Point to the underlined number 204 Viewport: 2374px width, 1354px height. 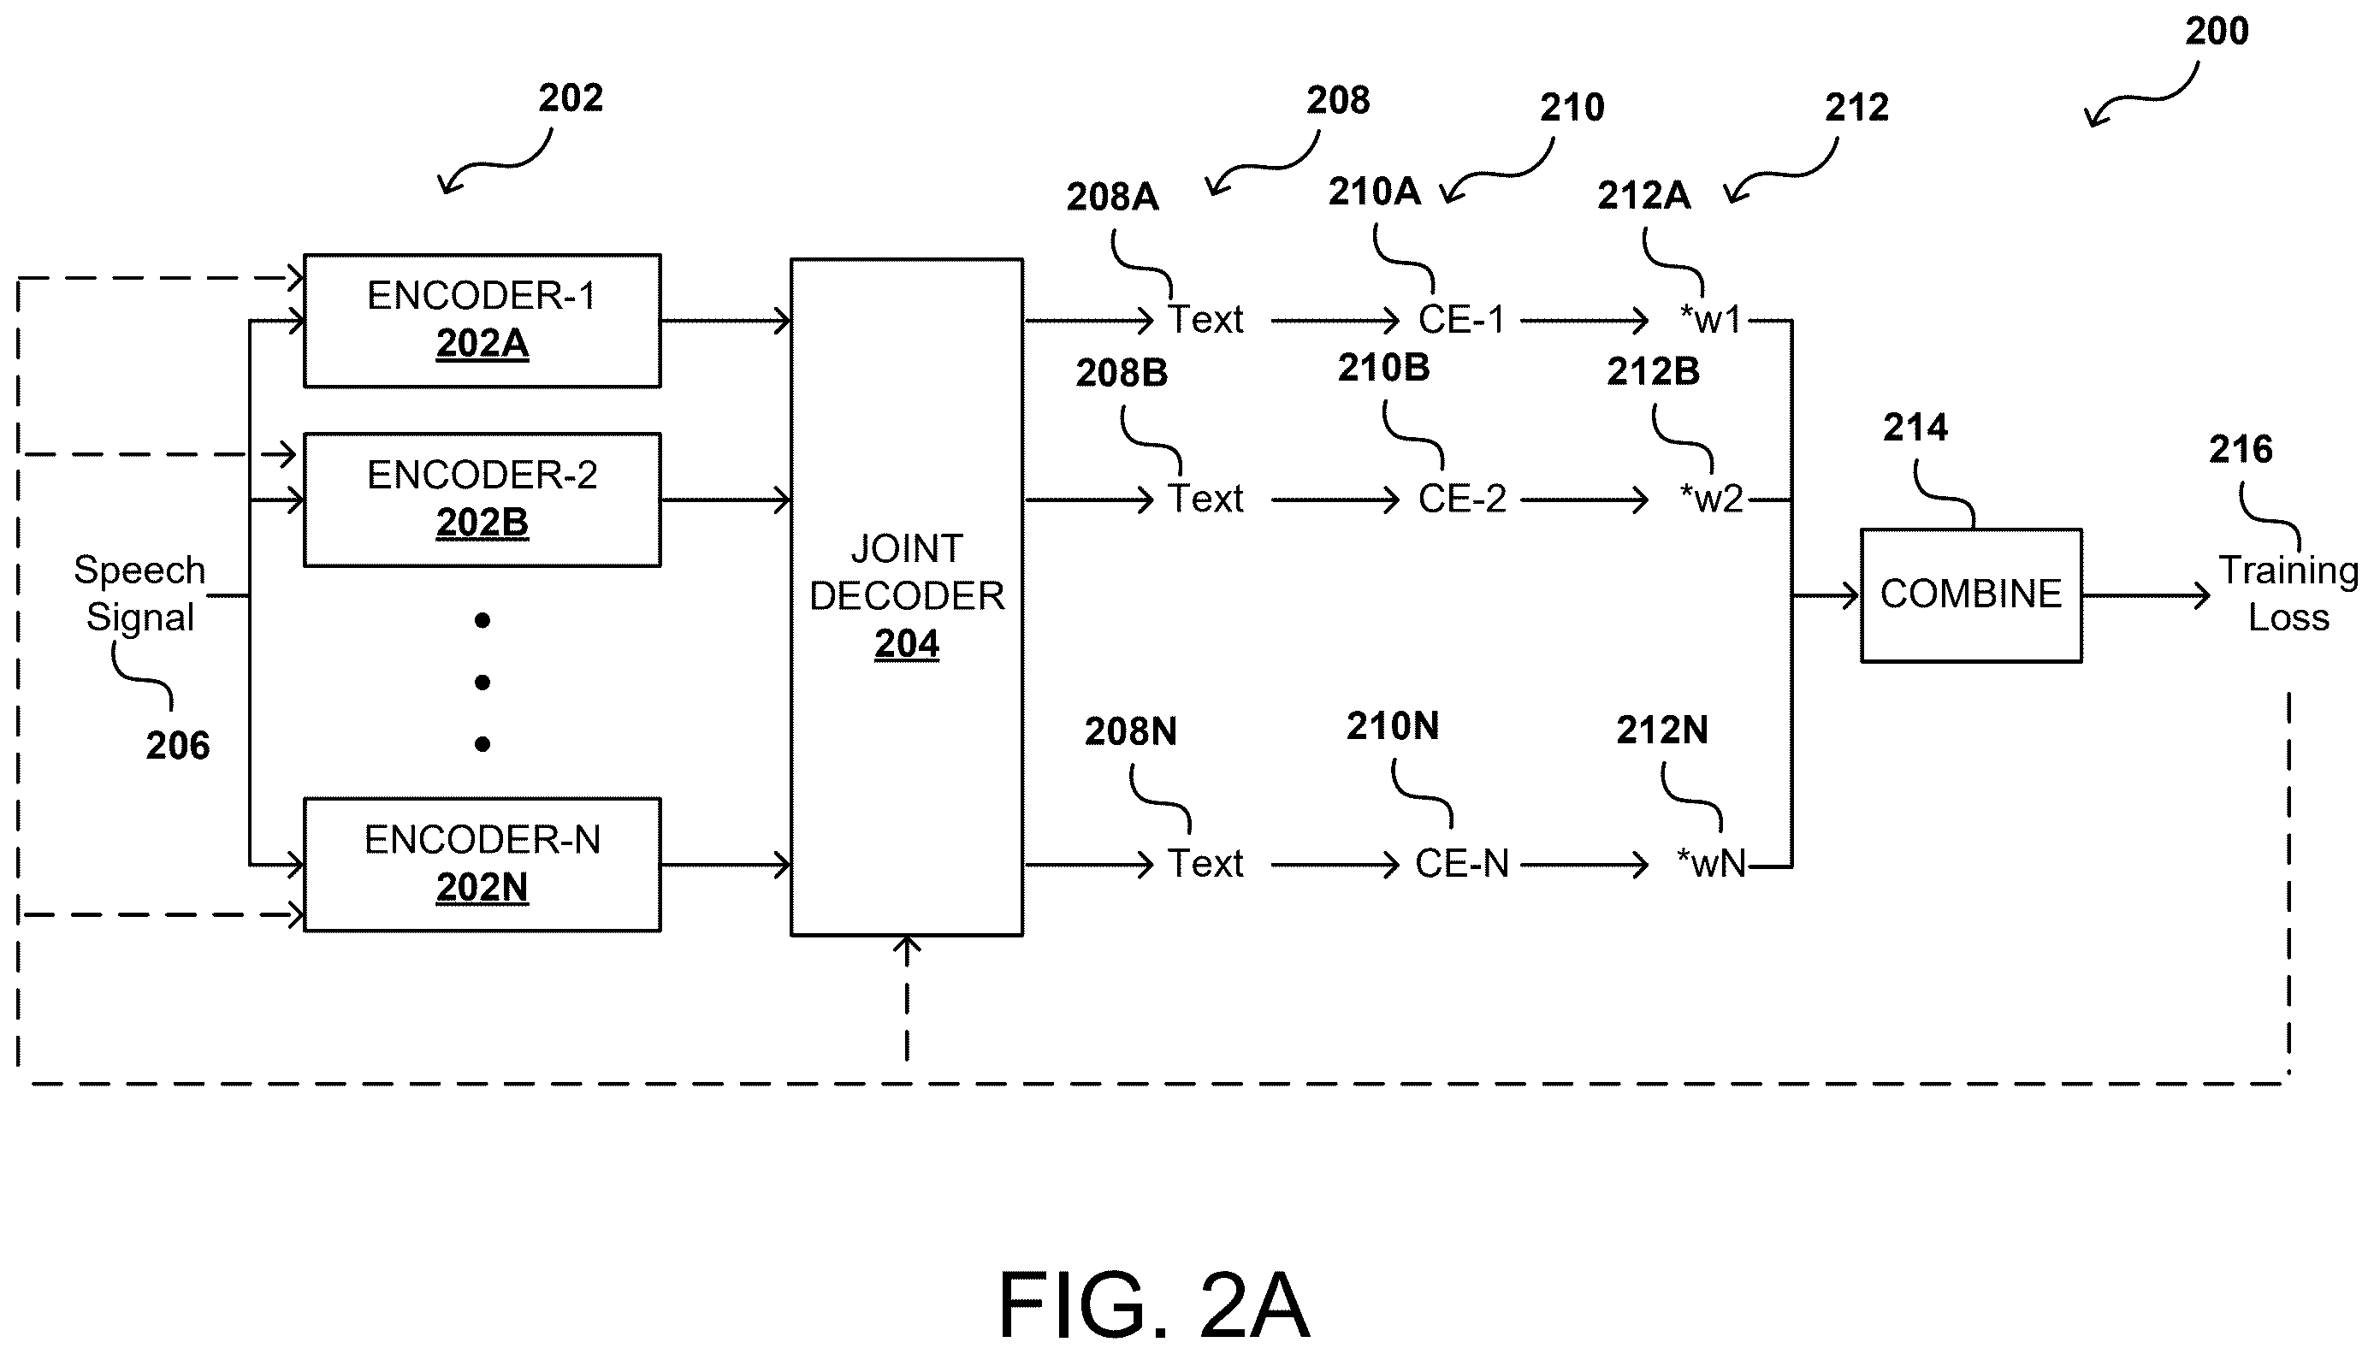click(907, 643)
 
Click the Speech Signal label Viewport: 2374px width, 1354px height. click(139, 594)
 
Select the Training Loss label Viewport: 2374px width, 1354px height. click(2288, 594)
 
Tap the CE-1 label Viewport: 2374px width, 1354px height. click(1461, 320)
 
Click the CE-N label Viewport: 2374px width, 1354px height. click(1462, 864)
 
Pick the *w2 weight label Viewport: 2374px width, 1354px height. click(1711, 500)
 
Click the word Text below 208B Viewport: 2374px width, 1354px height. click(1205, 500)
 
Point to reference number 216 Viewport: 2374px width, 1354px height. click(2241, 449)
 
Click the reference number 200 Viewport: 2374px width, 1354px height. click(2217, 32)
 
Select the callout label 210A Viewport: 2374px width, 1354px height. click(1375, 192)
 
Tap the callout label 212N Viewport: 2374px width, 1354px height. click(1661, 730)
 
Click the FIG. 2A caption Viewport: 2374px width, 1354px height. click(1154, 1304)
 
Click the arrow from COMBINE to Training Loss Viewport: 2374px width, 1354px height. click(2146, 595)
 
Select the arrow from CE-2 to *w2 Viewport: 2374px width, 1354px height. click(1584, 500)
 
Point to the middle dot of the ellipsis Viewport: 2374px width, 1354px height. click(482, 683)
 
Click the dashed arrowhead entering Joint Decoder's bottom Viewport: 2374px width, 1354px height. click(907, 947)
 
